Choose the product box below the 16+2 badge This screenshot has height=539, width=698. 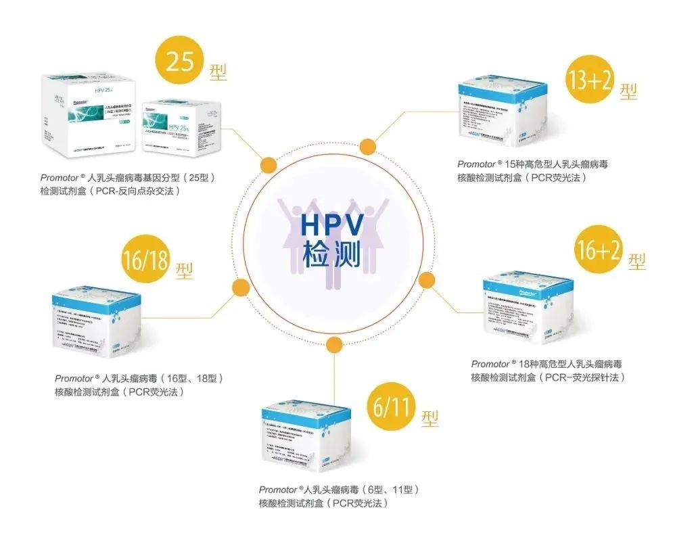click(x=527, y=306)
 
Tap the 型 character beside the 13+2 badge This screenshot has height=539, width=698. click(x=628, y=91)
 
